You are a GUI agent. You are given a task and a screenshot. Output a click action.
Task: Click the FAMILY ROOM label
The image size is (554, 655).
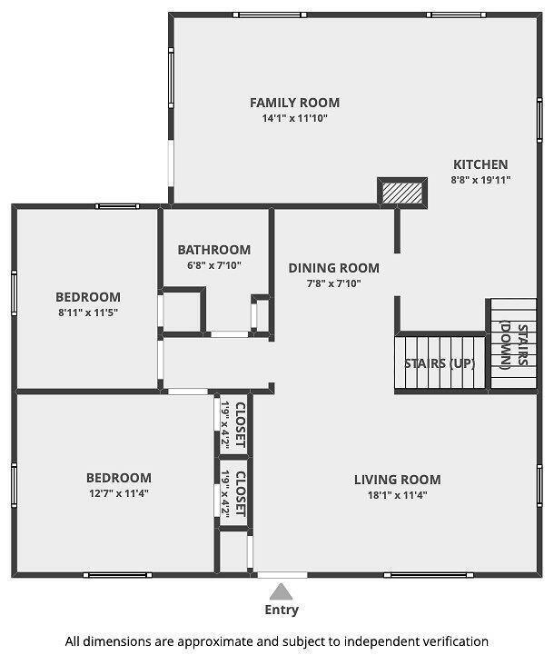coord(295,103)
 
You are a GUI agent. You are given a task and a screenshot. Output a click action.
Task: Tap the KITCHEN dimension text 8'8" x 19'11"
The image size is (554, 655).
coord(480,180)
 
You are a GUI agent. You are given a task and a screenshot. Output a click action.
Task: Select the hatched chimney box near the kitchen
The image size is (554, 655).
coord(402,193)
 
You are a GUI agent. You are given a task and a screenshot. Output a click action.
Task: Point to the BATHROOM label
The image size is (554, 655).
coord(214,250)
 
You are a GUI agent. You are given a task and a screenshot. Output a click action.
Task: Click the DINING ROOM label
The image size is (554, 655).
coord(334,268)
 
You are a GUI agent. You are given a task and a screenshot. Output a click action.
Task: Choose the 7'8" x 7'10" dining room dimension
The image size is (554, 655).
coord(334,283)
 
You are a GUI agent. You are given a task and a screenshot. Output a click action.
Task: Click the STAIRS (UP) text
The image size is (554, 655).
coord(440,363)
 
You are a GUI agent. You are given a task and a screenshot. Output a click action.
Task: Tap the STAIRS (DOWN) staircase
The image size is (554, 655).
coord(513,343)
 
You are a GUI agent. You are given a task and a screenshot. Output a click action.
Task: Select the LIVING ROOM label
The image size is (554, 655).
coord(398,480)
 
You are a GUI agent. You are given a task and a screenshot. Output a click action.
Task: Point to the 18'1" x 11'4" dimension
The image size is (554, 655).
coord(398,495)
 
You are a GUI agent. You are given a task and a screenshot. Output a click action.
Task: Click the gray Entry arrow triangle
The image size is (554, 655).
coord(281,591)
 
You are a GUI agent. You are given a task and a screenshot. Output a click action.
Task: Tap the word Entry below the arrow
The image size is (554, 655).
coord(282,610)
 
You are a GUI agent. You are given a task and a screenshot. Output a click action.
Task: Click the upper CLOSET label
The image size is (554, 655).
coord(241,424)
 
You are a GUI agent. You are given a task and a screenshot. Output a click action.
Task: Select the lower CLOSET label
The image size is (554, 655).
coord(241,493)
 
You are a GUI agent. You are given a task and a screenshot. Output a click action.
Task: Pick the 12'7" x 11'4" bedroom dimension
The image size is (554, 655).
coord(119,493)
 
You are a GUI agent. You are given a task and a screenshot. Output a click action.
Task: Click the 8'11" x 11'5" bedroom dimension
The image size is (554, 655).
coord(88,313)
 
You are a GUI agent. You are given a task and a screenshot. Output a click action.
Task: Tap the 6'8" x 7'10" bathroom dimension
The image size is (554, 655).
coord(214,265)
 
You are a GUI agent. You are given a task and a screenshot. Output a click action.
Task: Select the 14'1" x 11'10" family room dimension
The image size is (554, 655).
coord(295,118)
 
